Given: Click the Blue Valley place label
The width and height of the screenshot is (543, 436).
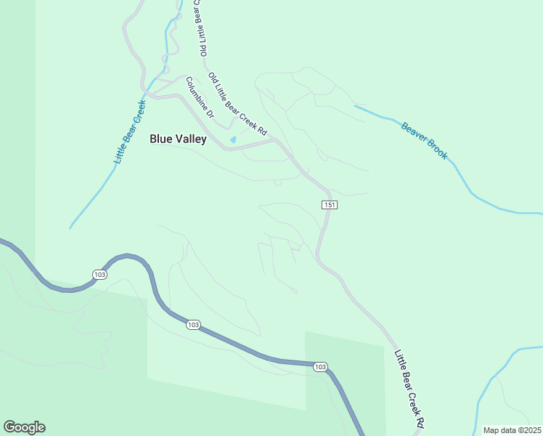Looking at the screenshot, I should coord(178,139).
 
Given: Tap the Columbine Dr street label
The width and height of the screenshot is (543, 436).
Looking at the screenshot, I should coord(200,97).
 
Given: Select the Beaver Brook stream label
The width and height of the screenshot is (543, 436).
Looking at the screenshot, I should coord(425,141).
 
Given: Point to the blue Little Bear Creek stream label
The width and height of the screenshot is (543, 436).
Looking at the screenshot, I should coord(130,132).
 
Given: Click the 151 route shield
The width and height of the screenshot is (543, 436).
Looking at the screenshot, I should coord(330,205).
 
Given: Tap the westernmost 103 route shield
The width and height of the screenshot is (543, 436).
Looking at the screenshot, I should coord(100,274).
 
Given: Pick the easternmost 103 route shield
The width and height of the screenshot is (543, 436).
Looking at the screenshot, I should coord(320,367).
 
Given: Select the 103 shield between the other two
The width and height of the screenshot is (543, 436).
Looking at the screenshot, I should coord(192,325).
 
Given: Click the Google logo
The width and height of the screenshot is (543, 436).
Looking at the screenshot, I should coord(24,427).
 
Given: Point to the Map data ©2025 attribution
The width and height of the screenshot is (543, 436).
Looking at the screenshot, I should coord(512,430).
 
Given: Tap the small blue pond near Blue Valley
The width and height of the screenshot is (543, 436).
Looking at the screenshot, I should coord(232,140).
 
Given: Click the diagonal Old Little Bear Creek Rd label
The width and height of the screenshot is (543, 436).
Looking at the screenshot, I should coord(238,104).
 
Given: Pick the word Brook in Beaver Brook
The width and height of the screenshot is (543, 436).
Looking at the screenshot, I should coord(437,150).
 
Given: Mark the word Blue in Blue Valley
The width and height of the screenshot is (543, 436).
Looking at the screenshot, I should coord(160,139).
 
